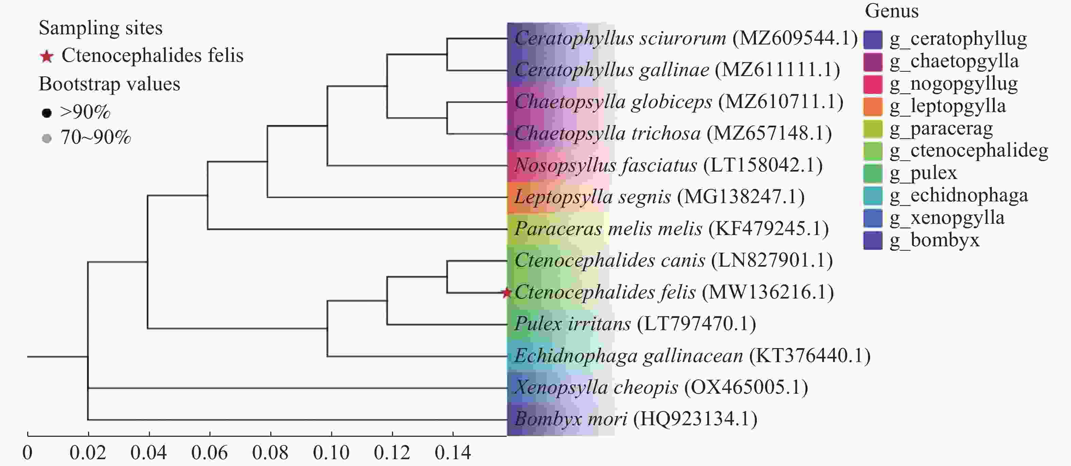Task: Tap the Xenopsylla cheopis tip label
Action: (661, 387)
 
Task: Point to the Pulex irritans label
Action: (635, 324)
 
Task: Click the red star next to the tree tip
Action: (506, 293)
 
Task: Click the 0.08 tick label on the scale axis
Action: (270, 453)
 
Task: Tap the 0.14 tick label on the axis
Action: (453, 453)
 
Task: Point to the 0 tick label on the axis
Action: (28, 453)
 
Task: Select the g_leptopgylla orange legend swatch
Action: (873, 106)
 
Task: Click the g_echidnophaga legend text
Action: (959, 195)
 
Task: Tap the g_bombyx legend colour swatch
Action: (873, 240)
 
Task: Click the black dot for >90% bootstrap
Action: (47, 112)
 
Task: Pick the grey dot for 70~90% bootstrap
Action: (47, 138)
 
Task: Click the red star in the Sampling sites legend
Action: (47, 56)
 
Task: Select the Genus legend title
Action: (892, 11)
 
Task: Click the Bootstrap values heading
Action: (109, 84)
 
